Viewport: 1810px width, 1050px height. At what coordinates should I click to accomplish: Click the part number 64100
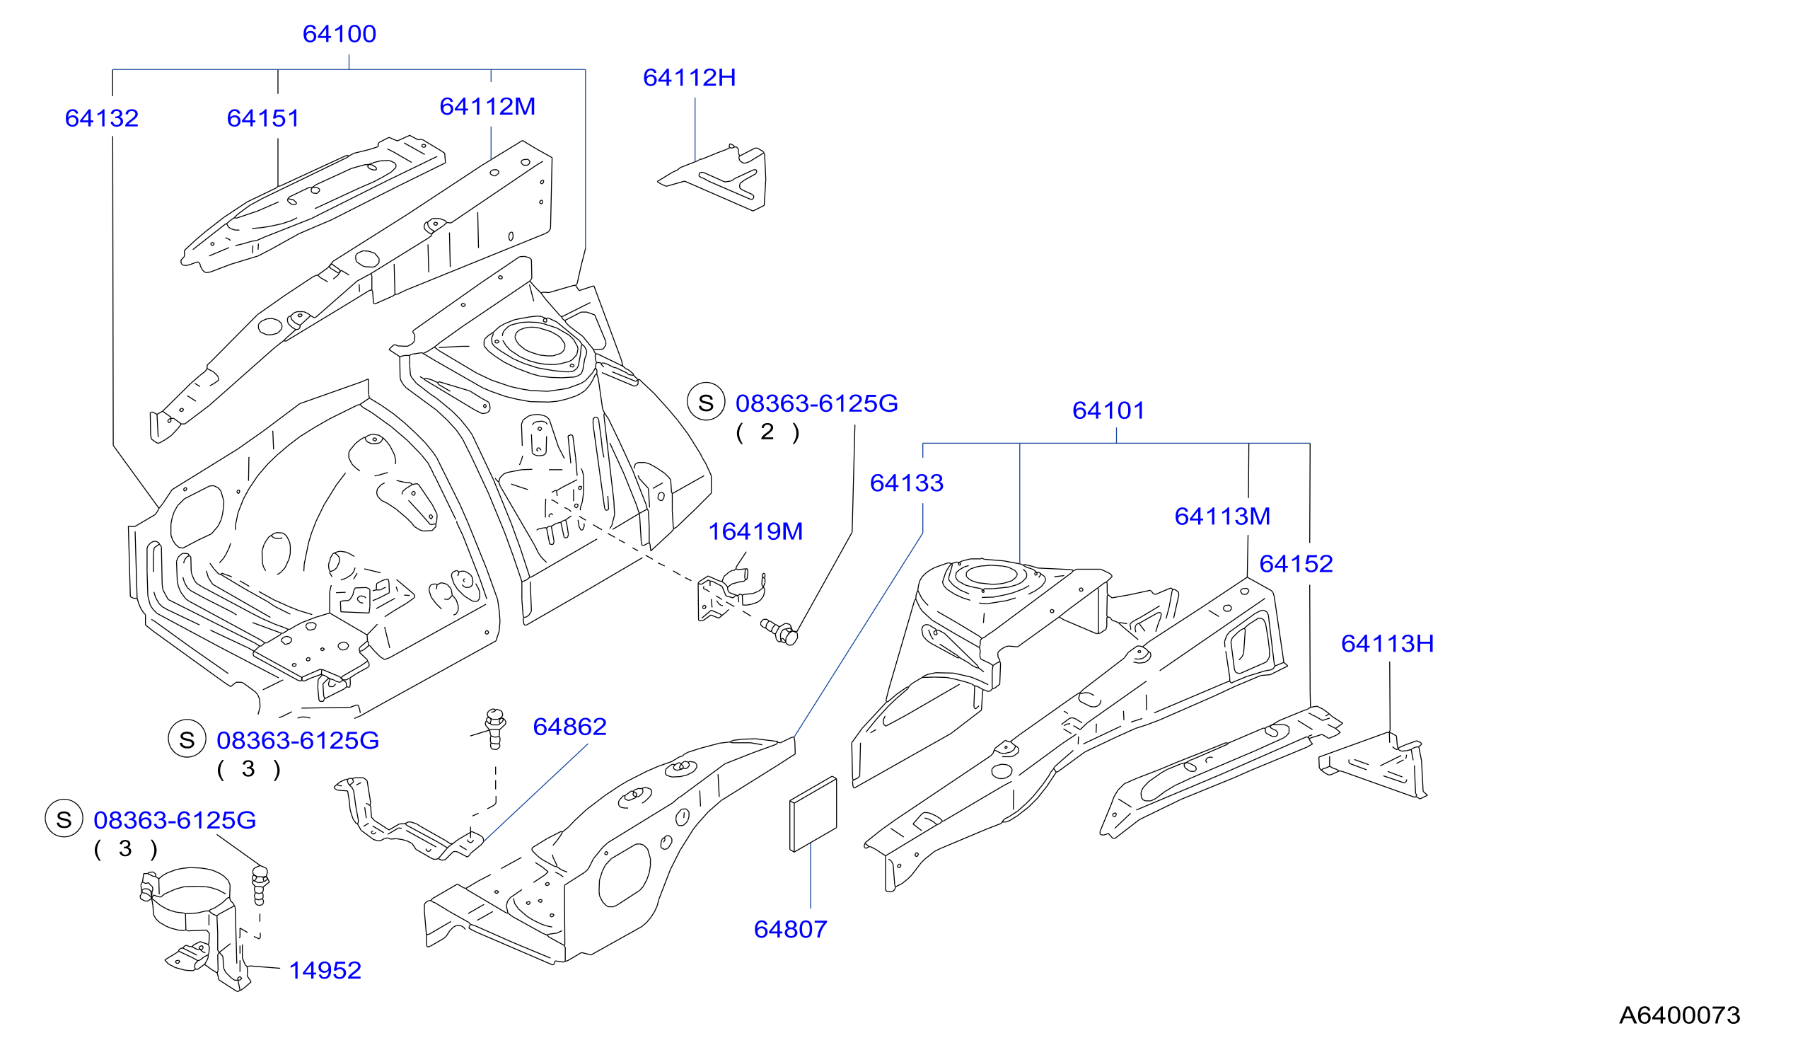coord(339,34)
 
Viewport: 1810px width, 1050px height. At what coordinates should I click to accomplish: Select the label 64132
coord(101,118)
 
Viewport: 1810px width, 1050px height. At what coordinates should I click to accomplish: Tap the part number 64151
coord(263,118)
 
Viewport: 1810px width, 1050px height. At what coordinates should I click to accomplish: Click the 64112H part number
coord(689,78)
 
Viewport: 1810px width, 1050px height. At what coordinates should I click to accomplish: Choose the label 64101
coord(1108,410)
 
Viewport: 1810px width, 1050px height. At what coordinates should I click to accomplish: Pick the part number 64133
coord(907,483)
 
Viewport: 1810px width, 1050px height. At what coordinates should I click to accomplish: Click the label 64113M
coord(1222,516)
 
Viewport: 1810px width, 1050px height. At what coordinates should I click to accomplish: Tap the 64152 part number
coord(1296,563)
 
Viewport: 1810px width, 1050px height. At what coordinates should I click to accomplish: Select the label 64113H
coord(1387,643)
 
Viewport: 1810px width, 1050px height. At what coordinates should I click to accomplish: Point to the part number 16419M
coord(755,531)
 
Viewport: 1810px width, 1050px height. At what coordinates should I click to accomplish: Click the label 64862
coord(569,727)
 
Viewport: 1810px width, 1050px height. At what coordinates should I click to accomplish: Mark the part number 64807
coord(790,929)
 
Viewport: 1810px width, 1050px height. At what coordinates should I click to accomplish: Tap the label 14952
coord(325,970)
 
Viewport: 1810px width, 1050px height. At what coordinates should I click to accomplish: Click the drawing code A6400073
coord(1679,1015)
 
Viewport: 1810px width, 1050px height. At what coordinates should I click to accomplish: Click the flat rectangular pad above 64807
coord(813,814)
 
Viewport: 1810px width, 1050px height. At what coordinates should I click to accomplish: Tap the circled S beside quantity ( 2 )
coord(705,401)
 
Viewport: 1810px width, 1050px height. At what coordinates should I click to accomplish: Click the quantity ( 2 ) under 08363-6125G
coord(767,432)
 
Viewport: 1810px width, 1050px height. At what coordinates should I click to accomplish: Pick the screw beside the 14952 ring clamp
coord(260,885)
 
